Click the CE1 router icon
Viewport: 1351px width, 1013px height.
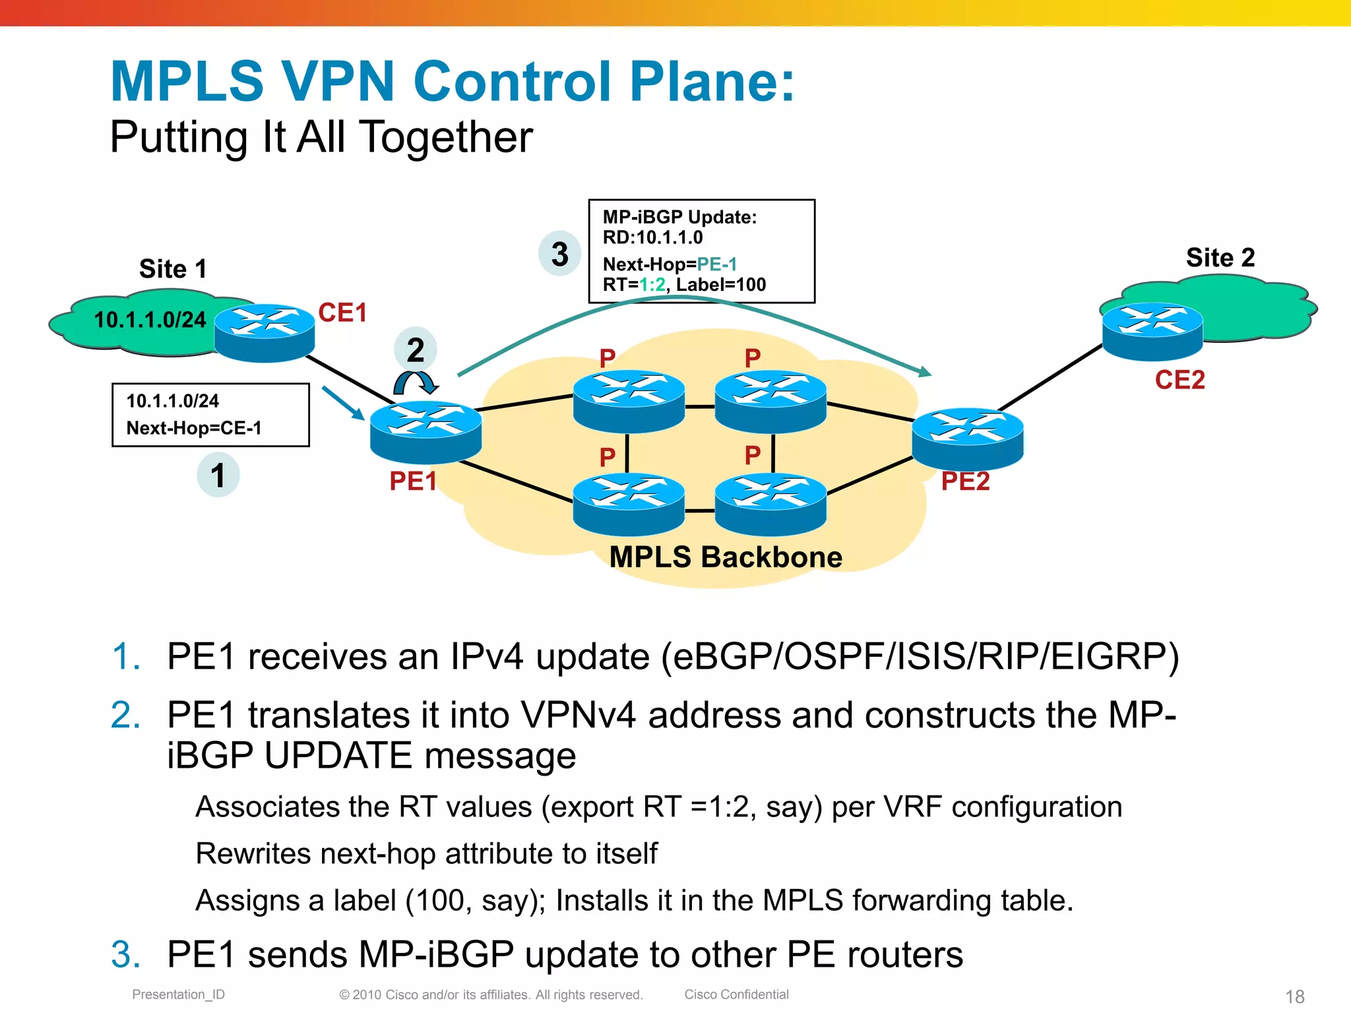click(x=265, y=332)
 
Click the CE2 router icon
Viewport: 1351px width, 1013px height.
click(x=1152, y=331)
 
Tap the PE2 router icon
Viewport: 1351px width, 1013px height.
click(x=967, y=438)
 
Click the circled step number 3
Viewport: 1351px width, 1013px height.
click(x=559, y=254)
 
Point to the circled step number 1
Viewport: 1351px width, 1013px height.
click(x=218, y=475)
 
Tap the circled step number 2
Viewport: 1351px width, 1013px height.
click(x=415, y=350)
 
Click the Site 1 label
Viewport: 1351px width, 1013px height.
click(x=173, y=269)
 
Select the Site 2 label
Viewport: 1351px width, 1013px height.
click(x=1220, y=257)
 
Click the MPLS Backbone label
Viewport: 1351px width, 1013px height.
click(x=726, y=557)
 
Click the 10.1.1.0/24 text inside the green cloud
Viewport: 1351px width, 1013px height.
click(x=150, y=320)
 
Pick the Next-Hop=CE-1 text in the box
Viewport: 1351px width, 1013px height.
click(x=194, y=428)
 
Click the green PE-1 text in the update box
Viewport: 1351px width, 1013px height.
click(x=716, y=264)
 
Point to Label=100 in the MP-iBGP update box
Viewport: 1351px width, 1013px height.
click(x=721, y=285)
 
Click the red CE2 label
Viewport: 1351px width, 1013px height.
click(x=1179, y=380)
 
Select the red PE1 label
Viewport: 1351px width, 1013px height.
click(x=413, y=481)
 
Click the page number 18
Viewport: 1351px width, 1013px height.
click(x=1294, y=996)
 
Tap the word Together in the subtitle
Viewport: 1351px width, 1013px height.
click(x=445, y=137)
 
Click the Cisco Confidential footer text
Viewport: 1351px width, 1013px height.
click(x=736, y=995)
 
